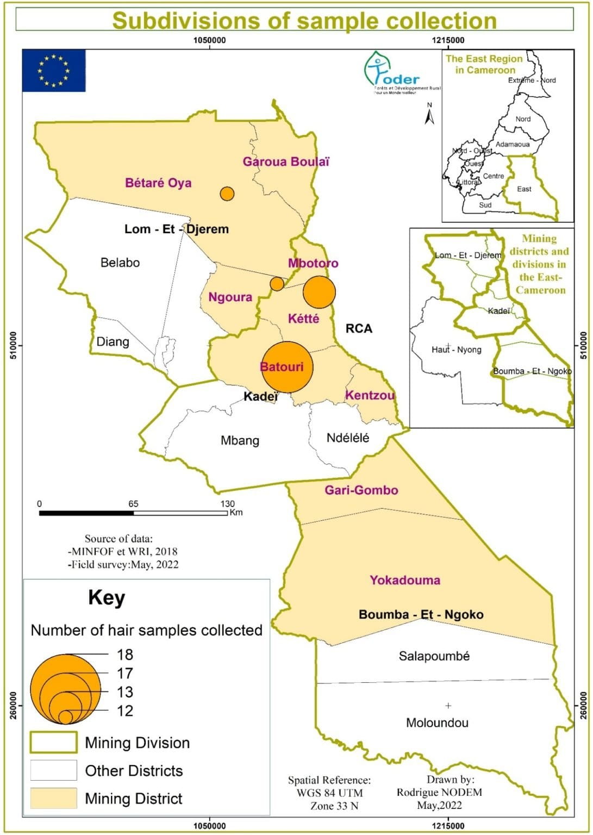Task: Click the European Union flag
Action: pos(53,71)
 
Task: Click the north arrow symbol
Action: pos(429,114)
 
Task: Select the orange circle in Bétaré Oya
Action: pos(227,194)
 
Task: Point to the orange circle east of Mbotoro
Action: pos(319,292)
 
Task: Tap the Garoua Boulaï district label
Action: pos(286,161)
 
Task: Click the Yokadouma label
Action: pos(405,580)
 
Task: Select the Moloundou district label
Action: pos(437,722)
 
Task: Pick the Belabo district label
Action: pos(120,263)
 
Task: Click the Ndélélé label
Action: pos(348,438)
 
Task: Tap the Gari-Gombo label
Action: pos(361,490)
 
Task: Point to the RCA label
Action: pos(359,328)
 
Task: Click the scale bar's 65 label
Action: pos(133,504)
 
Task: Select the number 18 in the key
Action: pos(125,655)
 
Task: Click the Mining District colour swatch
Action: pos(53,798)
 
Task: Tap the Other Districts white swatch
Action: pos(53,770)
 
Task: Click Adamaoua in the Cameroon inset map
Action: pos(513,144)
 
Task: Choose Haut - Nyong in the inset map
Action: pos(457,350)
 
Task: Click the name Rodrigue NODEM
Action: pos(439,792)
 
